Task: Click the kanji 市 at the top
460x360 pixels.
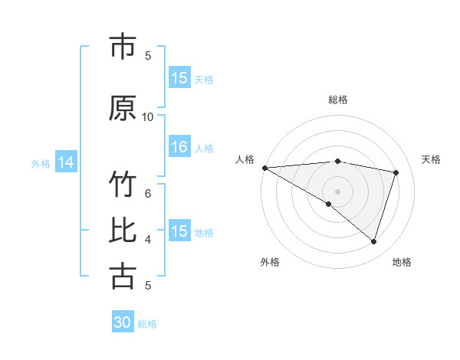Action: coord(123,47)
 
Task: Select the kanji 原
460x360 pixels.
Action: coord(123,108)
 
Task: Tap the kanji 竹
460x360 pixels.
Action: coord(123,186)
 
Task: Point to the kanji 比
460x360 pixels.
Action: coord(123,231)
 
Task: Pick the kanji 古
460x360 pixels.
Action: coord(123,276)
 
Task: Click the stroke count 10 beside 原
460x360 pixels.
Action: coord(148,116)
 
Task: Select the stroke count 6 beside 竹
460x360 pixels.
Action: coord(148,193)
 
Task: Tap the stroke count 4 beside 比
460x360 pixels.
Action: coord(148,239)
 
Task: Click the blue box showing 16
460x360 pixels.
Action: coord(179,148)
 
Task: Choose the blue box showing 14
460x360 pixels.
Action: coord(66,162)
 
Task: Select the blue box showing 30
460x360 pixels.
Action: coord(123,322)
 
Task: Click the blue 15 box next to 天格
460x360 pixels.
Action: coord(179,78)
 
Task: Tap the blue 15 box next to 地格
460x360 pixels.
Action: coord(179,231)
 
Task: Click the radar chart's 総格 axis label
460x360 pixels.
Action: coord(337,100)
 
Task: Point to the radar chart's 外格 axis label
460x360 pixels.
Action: coord(270,262)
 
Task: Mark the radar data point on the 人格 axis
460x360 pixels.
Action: coord(264,168)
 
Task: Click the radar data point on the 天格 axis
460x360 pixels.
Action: coord(396,172)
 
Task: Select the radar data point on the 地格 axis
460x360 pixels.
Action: coord(373,242)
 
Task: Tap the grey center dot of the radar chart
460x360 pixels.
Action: coord(337,191)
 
